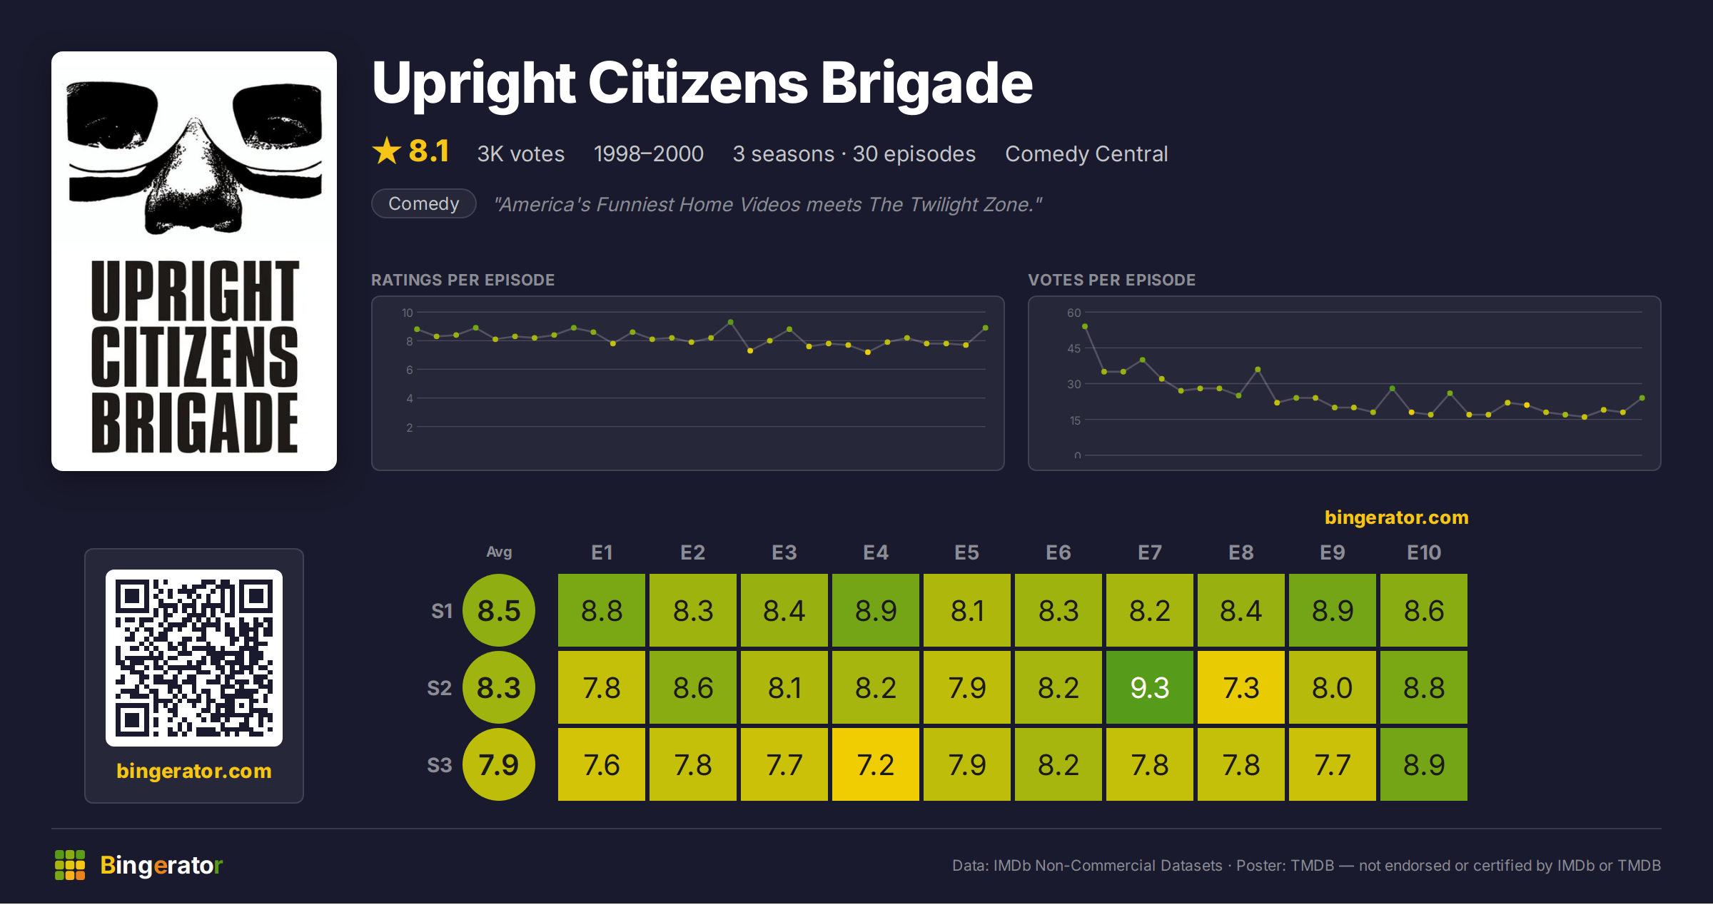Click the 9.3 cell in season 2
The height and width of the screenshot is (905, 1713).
[1149, 687]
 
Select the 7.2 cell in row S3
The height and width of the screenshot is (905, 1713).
[875, 764]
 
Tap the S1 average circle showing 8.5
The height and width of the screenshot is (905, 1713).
[499, 610]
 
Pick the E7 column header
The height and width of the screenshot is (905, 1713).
[1149, 552]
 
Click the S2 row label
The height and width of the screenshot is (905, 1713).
[440, 688]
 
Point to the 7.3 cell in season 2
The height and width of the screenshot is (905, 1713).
[1240, 687]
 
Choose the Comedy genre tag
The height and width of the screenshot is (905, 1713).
[424, 203]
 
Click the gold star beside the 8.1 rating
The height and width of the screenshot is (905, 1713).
[387, 151]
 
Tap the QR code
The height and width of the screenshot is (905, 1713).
[194, 658]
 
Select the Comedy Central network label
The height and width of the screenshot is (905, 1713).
[1086, 153]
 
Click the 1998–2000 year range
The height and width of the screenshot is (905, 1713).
[648, 153]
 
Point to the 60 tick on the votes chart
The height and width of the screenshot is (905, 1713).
[1073, 313]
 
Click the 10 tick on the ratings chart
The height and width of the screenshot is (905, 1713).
[407, 313]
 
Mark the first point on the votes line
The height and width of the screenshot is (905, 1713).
[1085, 326]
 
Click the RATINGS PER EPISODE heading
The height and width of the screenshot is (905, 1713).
[463, 280]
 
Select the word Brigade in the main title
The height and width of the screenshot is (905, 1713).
[926, 84]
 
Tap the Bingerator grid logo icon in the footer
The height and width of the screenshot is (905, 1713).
[70, 865]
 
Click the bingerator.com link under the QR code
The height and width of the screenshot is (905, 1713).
[194, 771]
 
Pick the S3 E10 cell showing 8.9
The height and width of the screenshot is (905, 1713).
[1423, 764]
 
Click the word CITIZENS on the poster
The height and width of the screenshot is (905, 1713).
[194, 356]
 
